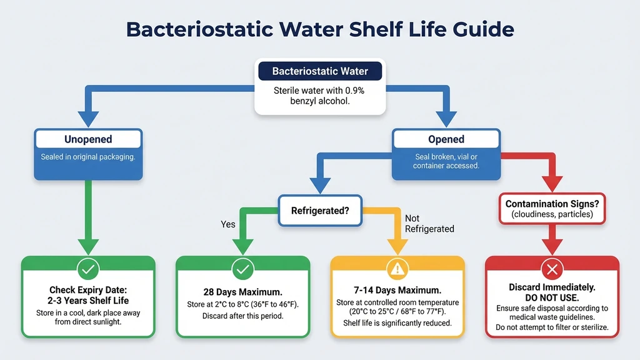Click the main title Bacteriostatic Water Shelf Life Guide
[320, 29]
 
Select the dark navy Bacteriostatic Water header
[319, 71]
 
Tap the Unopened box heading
[88, 139]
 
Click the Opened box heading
[446, 139]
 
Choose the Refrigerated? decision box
[319, 211]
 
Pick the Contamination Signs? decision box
[552, 208]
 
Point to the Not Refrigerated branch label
[429, 224]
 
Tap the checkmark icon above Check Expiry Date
[88, 269]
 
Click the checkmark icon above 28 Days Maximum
[242, 269]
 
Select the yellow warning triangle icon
[397, 269]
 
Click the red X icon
[552, 269]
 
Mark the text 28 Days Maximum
[242, 292]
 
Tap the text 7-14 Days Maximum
[397, 291]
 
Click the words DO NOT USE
[552, 297]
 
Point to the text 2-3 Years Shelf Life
[88, 301]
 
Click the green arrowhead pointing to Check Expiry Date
[88, 246]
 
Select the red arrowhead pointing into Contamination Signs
[552, 184]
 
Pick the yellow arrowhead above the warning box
[397, 246]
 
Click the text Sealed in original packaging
[88, 157]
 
